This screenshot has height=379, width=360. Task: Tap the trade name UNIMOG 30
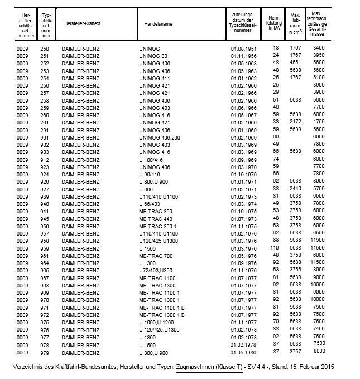point(153,56)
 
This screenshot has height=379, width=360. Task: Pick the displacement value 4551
point(295,63)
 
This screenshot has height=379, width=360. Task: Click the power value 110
point(274,248)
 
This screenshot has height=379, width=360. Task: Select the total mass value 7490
point(319,329)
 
